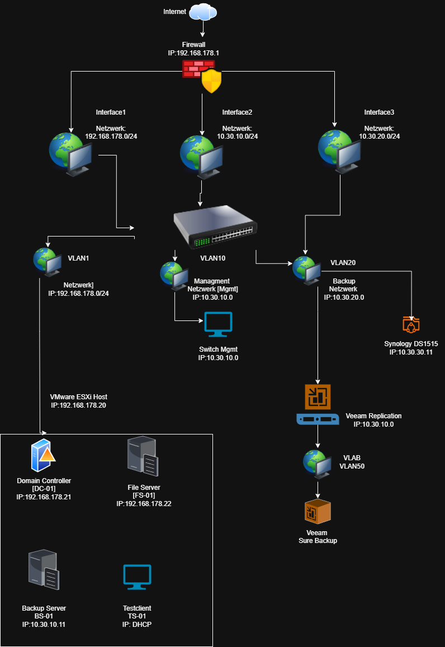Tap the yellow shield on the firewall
pyautogui.click(x=211, y=81)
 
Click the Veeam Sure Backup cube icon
pyautogui.click(x=318, y=512)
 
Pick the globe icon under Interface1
pyautogui.click(x=70, y=152)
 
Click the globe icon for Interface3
pyautogui.click(x=339, y=149)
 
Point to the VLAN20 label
pyautogui.click(x=343, y=262)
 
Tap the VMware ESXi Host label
pyautogui.click(x=78, y=397)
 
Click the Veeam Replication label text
pyautogui.click(x=373, y=416)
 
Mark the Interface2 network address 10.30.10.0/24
pyautogui.click(x=237, y=136)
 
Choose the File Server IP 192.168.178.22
pyautogui.click(x=144, y=504)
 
